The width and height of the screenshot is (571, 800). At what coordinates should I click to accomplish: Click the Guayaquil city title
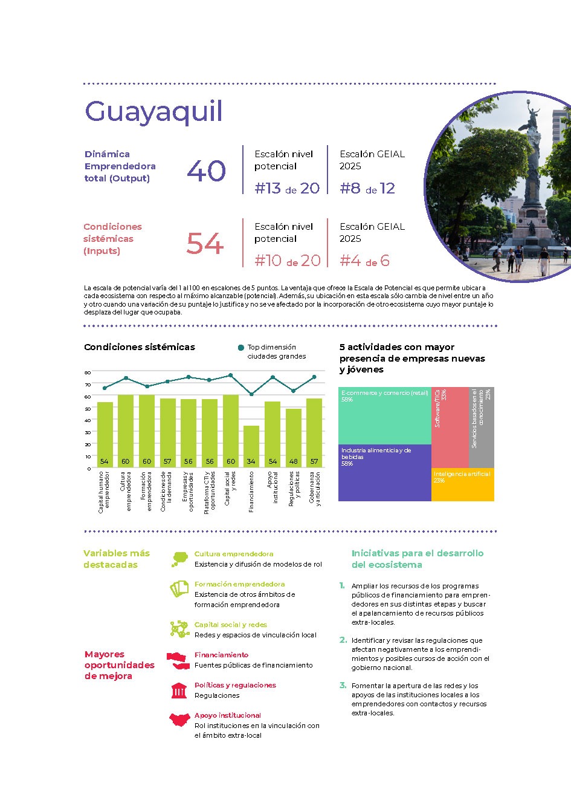(153, 112)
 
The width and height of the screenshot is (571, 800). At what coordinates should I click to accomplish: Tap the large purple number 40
(206, 171)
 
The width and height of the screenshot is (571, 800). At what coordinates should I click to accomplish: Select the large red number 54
(205, 244)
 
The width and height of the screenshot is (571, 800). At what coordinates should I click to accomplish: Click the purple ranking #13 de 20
(287, 189)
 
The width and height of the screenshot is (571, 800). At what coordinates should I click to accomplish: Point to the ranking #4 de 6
(364, 261)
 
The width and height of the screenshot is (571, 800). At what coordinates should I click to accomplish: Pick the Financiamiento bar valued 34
(251, 446)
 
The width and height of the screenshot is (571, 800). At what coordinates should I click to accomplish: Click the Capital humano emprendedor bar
(105, 434)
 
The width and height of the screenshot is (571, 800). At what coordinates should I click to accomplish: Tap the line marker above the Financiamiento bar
(251, 394)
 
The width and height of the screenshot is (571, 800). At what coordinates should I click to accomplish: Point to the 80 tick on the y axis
(88, 372)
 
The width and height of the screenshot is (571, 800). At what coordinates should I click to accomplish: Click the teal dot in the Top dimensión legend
(241, 348)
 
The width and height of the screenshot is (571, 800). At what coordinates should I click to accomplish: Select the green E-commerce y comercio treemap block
(384, 416)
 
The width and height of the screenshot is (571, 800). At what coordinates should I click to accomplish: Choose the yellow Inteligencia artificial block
(462, 484)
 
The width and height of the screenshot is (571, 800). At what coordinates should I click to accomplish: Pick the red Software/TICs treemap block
(450, 427)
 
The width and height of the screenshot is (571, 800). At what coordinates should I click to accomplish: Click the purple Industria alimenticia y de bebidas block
(384, 473)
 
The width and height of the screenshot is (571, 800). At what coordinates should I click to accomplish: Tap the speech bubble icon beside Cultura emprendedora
(179, 559)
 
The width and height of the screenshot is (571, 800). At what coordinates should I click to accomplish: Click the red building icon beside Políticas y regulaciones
(179, 691)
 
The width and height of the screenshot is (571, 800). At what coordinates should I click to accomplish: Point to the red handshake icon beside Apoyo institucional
(179, 720)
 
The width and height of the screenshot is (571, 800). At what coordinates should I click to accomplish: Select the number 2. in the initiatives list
(343, 640)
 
